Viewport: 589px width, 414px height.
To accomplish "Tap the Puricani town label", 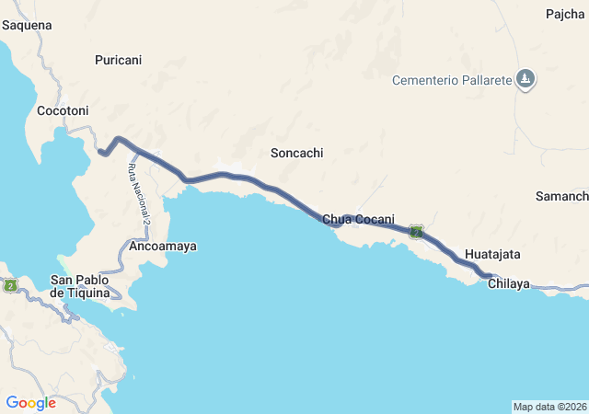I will click(x=119, y=60).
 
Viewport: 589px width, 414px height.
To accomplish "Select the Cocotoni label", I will click(x=62, y=110).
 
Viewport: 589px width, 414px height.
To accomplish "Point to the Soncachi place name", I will click(x=297, y=154).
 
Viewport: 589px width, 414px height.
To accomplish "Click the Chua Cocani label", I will click(x=359, y=218).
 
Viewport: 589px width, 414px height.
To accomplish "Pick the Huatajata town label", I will click(x=492, y=253).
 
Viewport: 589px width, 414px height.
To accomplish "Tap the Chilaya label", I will click(x=509, y=283).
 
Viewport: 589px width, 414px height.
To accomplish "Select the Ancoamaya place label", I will click(x=164, y=247).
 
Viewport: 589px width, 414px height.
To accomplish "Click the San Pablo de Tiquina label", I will click(x=80, y=286).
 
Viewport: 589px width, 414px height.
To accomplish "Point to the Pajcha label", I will click(x=564, y=14).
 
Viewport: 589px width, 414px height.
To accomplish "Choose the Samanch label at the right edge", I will click(x=561, y=197).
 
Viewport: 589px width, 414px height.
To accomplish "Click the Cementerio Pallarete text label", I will click(x=451, y=80).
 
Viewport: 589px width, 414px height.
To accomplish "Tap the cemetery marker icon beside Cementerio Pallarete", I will click(x=525, y=79).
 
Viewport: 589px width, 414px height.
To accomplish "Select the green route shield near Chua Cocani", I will click(x=416, y=232).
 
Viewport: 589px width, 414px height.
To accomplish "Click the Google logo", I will click(x=30, y=402).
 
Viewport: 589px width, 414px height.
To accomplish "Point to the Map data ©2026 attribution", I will click(x=549, y=407).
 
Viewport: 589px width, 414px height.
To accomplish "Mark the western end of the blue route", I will click(x=99, y=152).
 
